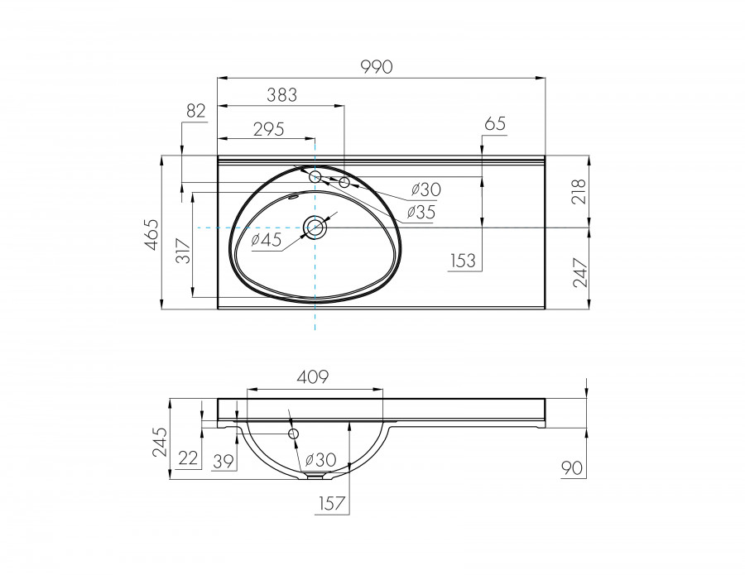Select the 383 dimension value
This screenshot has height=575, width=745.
[281, 95]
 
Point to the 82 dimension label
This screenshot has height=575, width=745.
[195, 112]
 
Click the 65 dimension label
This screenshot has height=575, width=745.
[494, 124]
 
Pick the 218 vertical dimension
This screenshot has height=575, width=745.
[579, 191]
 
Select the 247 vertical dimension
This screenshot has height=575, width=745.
[579, 272]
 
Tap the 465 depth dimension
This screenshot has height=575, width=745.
[151, 234]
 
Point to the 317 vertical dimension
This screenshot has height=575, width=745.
[184, 249]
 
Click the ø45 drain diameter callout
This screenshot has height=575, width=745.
[267, 240]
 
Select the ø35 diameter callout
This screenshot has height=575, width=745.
[421, 212]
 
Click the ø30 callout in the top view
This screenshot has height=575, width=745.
[425, 189]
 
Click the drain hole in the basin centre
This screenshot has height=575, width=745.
[315, 227]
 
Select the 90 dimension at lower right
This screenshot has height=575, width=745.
[572, 469]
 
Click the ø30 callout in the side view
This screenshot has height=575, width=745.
[320, 459]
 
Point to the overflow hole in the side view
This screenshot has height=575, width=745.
[293, 434]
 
